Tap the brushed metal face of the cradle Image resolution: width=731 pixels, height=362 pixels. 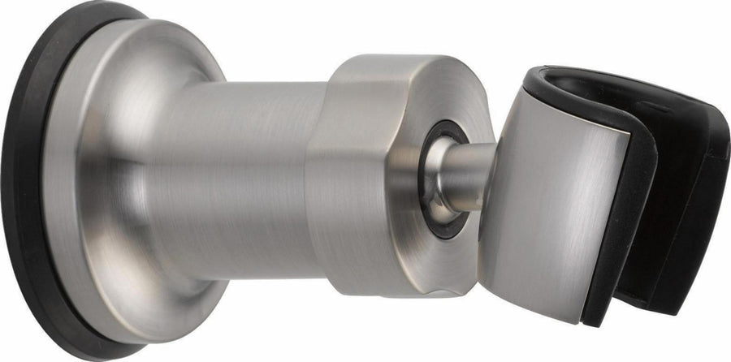pos(552,187)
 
